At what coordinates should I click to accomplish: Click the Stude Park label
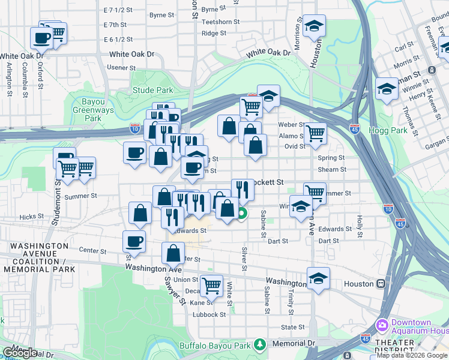click(152, 91)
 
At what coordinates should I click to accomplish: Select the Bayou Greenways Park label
click(87, 110)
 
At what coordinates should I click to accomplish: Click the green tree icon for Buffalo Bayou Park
click(259, 344)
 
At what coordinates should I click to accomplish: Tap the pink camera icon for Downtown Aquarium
click(382, 325)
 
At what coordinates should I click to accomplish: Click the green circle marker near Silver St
click(242, 213)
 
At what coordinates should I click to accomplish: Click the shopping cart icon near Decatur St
click(211, 285)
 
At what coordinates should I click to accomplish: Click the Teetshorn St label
click(221, 22)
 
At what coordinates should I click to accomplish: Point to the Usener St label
click(118, 67)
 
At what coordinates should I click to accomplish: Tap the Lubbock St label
click(209, 314)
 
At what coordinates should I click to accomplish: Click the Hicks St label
click(28, 217)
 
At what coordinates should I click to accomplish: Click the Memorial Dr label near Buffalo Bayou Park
click(293, 343)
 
